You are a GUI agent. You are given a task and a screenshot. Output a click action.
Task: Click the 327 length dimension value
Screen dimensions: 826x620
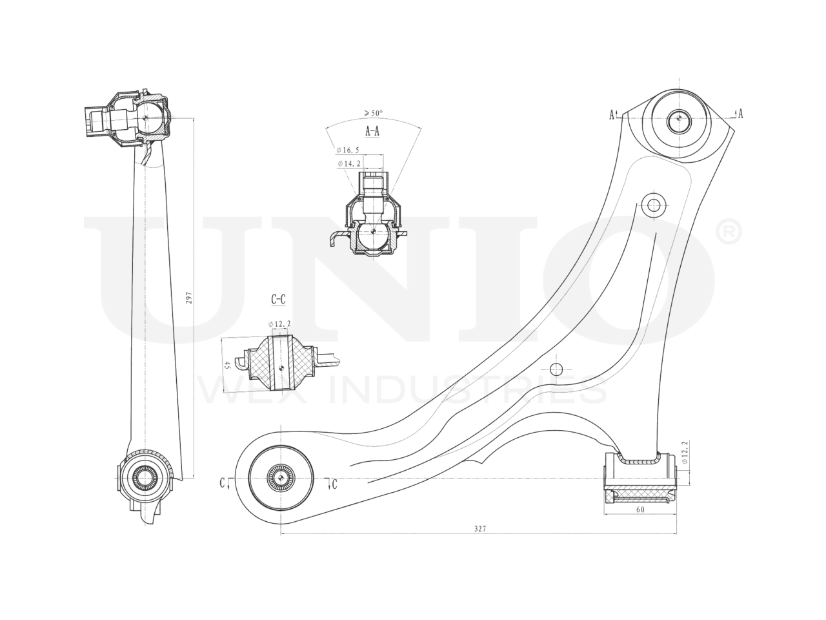point(479,528)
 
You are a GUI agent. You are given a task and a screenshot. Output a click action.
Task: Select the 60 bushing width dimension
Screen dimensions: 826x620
point(640,509)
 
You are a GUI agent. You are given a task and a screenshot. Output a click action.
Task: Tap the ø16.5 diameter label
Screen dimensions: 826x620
point(348,150)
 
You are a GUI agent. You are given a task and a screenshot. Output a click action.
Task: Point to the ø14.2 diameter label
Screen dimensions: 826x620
point(348,164)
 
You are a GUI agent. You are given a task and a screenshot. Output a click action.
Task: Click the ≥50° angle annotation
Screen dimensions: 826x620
point(373,113)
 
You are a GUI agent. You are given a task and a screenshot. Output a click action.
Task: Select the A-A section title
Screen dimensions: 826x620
point(372,131)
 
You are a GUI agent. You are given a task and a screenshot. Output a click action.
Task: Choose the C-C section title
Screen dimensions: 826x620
point(278,300)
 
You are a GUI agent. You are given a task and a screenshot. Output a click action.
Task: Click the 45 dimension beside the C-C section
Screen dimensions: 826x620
point(227,365)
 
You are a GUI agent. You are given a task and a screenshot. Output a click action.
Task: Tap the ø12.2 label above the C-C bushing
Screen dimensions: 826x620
point(279,324)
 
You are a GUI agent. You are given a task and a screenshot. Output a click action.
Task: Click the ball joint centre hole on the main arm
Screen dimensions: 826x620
point(678,119)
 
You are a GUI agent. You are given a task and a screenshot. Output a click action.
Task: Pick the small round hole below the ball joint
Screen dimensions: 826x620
point(653,205)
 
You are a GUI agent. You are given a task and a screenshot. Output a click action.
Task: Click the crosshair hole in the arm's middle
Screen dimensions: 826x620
point(556,369)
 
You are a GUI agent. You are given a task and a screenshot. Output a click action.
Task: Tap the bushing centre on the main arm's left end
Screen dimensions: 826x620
point(282,477)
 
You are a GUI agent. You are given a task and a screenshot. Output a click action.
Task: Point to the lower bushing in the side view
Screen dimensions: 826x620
point(144,478)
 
